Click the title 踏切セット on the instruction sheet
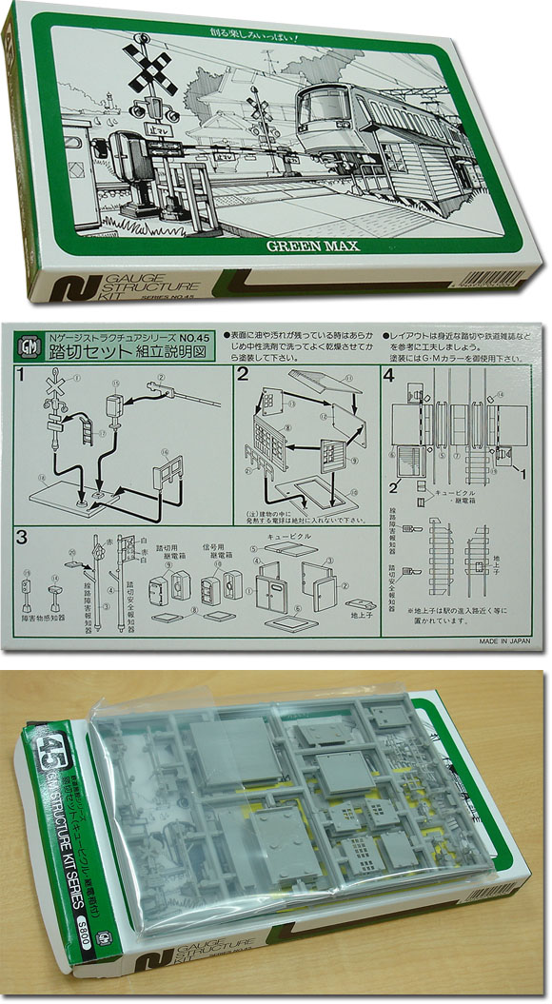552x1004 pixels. point(79,353)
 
